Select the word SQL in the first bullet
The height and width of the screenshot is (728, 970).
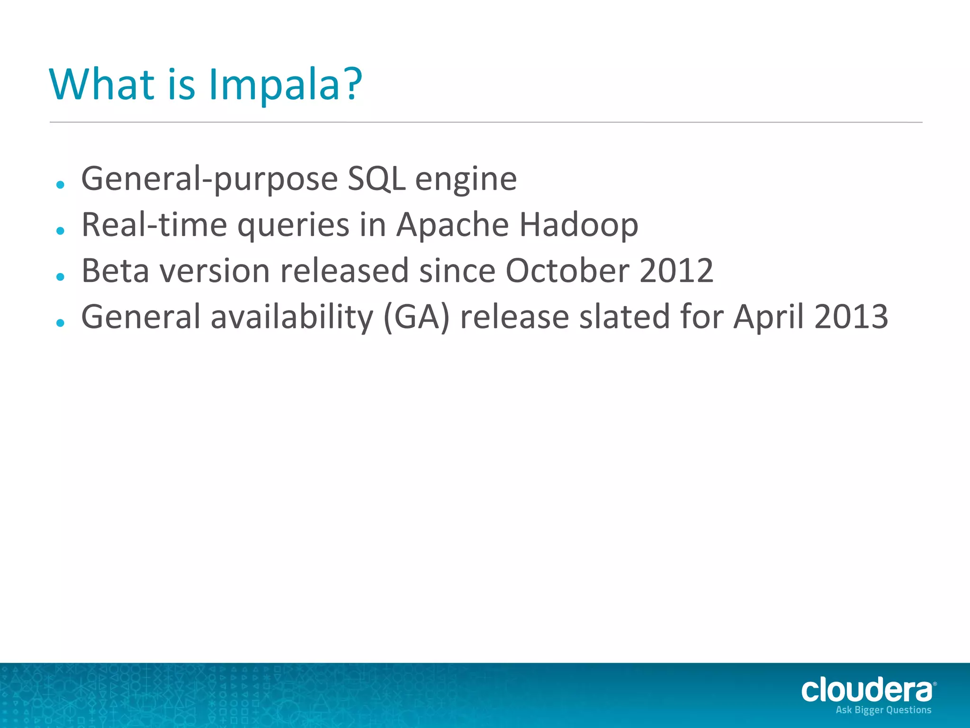click(377, 179)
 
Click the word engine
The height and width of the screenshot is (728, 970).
click(466, 181)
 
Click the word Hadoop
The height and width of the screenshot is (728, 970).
click(579, 225)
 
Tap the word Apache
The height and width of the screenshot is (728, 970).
click(453, 225)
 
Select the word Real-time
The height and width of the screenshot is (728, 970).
click(154, 225)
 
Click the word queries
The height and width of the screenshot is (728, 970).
click(293, 226)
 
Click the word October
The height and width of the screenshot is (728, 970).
click(567, 271)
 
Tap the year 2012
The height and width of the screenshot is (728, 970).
click(676, 271)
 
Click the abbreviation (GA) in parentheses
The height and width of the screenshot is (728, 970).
click(416, 317)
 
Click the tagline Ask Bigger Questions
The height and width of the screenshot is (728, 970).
click(883, 710)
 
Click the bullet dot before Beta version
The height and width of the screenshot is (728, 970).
click(60, 276)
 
